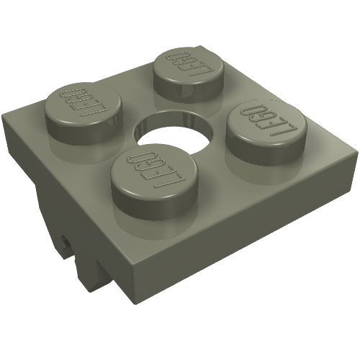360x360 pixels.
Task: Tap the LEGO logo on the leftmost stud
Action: pos(78,102)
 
